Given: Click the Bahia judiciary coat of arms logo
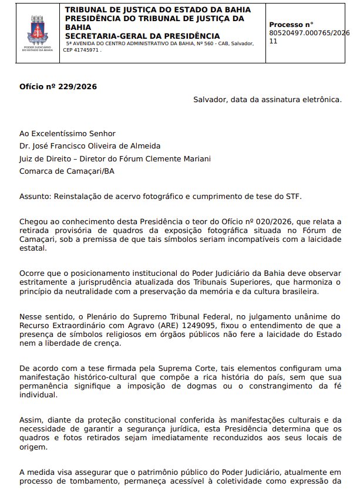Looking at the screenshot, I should click(x=37, y=33).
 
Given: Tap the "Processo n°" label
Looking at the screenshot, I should click(x=291, y=25).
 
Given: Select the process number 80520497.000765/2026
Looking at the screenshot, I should click(x=309, y=33).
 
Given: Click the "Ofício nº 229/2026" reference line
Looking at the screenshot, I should click(x=58, y=87).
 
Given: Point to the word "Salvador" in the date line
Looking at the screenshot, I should click(x=211, y=99).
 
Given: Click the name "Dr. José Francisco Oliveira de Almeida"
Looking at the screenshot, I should click(x=90, y=146).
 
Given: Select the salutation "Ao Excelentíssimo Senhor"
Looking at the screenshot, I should click(x=68, y=134).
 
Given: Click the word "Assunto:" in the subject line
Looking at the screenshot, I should click(x=35, y=196).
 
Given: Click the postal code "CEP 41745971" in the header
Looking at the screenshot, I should click(x=82, y=50).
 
